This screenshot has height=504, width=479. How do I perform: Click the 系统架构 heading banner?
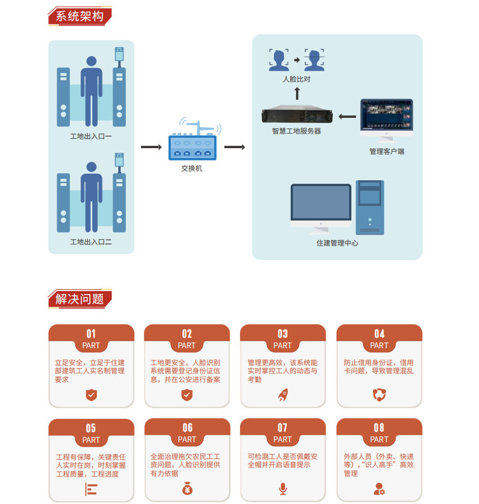click(x=79, y=16)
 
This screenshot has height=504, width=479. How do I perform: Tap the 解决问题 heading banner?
click(x=79, y=299)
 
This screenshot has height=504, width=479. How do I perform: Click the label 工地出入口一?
click(x=90, y=136)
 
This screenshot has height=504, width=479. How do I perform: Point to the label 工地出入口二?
click(x=90, y=242)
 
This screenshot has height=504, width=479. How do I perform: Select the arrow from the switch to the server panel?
click(x=234, y=147)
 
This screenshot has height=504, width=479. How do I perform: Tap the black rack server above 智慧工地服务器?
click(x=296, y=114)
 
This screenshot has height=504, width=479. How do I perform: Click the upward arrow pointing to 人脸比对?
click(x=297, y=93)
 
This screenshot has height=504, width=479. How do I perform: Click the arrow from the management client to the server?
click(x=347, y=117)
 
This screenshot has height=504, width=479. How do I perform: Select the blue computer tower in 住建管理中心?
click(x=370, y=207)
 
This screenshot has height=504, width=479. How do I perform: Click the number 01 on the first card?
click(x=91, y=334)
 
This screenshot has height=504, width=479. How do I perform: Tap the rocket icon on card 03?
click(x=283, y=395)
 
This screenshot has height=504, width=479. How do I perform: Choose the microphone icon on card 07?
click(x=283, y=488)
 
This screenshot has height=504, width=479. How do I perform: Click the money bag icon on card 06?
click(x=187, y=488)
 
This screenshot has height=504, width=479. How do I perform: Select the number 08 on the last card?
click(x=379, y=428)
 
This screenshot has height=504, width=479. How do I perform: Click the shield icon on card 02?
click(x=187, y=395)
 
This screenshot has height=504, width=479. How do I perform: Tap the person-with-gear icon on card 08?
click(x=379, y=488)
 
